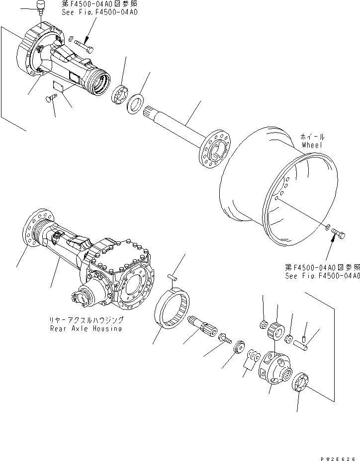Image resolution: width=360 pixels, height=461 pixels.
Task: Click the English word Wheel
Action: (x=312, y=145)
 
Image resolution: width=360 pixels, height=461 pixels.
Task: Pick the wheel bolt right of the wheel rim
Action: (x=340, y=232)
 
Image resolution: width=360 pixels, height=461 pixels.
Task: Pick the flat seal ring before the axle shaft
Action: (x=136, y=104)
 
